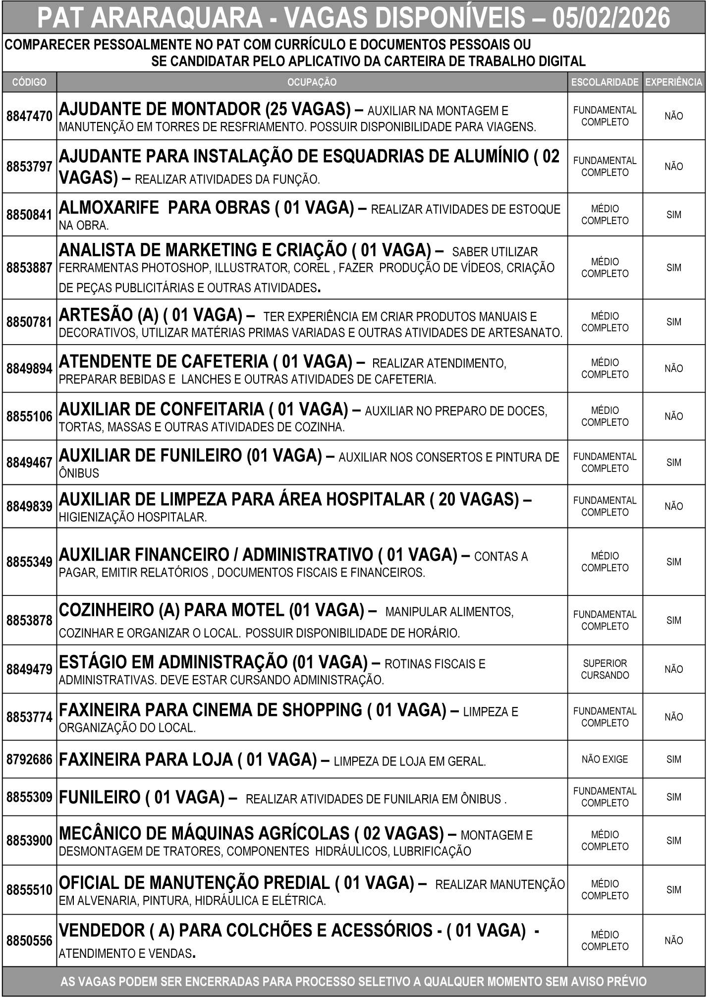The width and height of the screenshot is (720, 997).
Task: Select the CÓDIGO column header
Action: [29, 82]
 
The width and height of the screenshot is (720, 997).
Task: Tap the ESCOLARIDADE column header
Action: [605, 82]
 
